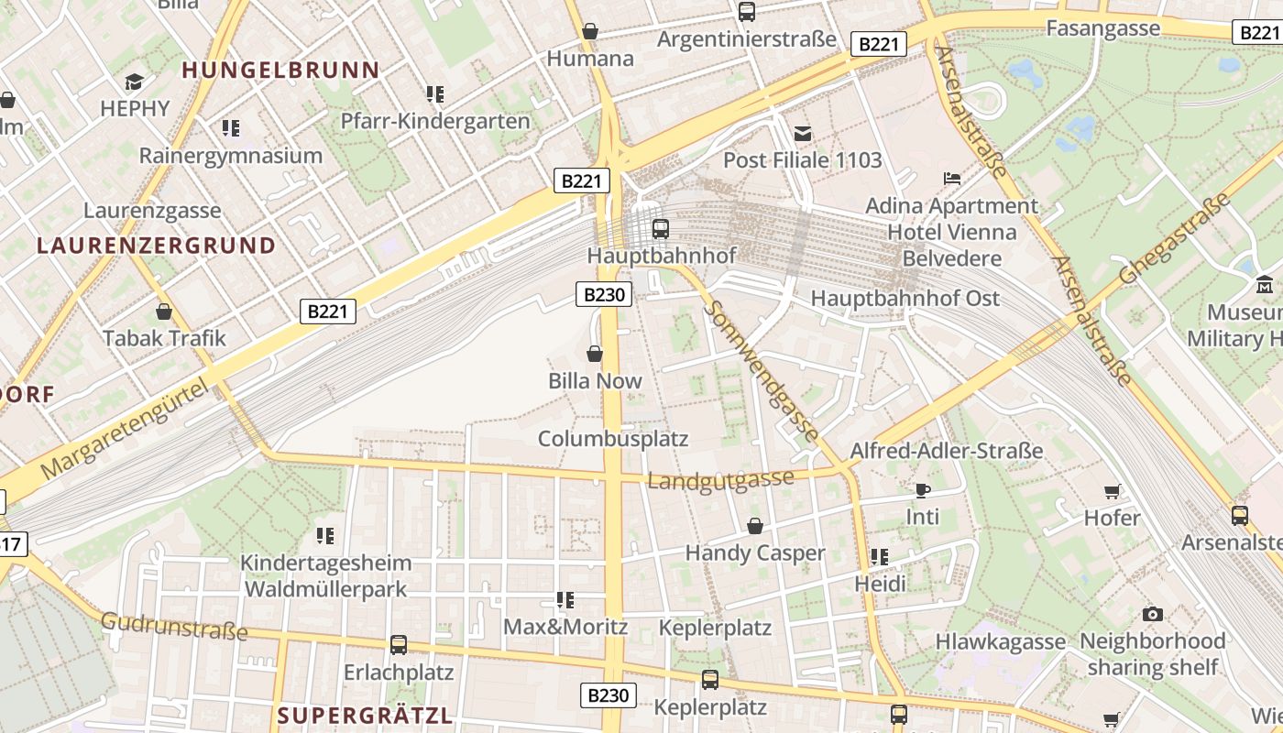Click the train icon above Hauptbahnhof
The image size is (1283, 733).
[x=660, y=228]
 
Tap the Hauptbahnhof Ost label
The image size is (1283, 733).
[x=905, y=299]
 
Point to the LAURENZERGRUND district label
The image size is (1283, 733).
[x=156, y=246]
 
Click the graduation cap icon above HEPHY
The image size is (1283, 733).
[x=135, y=82]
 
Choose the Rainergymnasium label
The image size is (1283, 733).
[x=230, y=156]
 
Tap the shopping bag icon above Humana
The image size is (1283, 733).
[x=590, y=32]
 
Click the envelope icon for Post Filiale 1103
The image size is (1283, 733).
[x=803, y=134]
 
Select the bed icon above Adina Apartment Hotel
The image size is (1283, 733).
[x=952, y=178]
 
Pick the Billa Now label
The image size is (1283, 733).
[x=595, y=381]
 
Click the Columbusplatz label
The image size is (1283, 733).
[x=612, y=439]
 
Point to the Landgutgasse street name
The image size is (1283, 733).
[x=720, y=479]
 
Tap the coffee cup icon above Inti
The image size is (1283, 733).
[x=922, y=490]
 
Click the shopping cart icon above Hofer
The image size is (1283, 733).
[x=1113, y=491]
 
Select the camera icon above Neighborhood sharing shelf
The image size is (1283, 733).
[x=1152, y=614]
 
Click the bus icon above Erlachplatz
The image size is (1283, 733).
[x=398, y=645]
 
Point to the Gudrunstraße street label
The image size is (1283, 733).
[x=174, y=627]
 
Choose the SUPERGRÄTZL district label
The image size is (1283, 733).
[x=365, y=716]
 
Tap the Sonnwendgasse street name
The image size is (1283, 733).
[x=760, y=373]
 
